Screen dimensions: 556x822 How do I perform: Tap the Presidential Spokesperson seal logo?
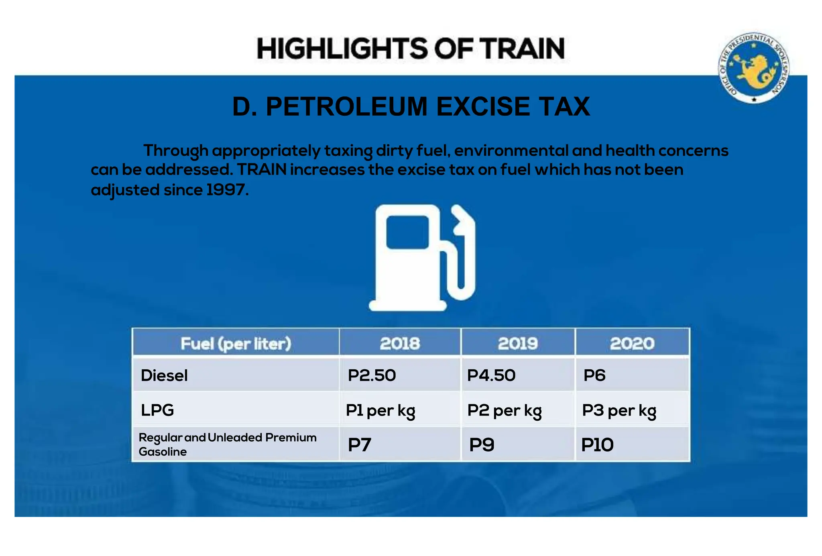pyautogui.click(x=753, y=68)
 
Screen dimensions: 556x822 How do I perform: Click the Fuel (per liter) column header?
pyautogui.click(x=236, y=344)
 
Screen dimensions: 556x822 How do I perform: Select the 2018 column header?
pyautogui.click(x=400, y=344)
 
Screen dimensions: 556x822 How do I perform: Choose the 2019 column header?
pyautogui.click(x=517, y=344)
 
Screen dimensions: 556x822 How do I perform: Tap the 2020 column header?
pyautogui.click(x=632, y=344)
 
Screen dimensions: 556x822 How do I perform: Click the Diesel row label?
pyautogui.click(x=164, y=375)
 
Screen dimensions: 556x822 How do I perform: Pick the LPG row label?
pyautogui.click(x=157, y=410)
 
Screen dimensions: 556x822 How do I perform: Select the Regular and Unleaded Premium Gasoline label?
pyautogui.click(x=227, y=444)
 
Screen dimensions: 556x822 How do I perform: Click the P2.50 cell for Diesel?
pyautogui.click(x=372, y=375)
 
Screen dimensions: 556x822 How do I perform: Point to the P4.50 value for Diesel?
pyautogui.click(x=491, y=375)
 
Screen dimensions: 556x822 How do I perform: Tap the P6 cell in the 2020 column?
pyautogui.click(x=594, y=375)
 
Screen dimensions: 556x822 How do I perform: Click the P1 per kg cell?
pyautogui.click(x=380, y=410)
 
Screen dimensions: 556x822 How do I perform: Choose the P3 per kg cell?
pyautogui.click(x=619, y=410)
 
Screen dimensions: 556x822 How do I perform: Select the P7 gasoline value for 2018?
pyautogui.click(x=359, y=445)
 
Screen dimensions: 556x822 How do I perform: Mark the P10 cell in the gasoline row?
pyautogui.click(x=597, y=445)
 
